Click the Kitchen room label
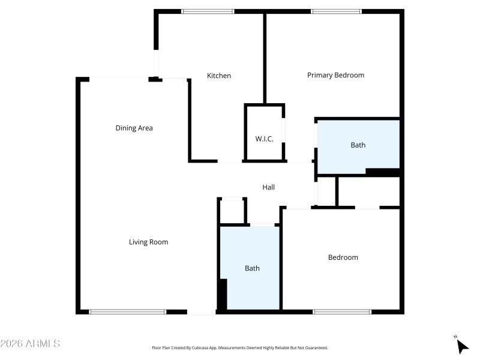219,76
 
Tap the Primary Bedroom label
335,75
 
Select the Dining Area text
134,128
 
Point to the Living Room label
148,242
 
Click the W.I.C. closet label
264,139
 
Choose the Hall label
268,187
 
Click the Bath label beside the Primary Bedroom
358,145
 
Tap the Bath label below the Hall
252,268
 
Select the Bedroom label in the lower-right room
343,257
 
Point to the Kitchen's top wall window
208,11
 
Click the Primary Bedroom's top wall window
336,11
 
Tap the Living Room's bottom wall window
127,311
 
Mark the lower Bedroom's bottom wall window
342,311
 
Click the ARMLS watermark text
30,344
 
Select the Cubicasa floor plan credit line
240,347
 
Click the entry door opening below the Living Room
202,311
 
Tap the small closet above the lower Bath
232,210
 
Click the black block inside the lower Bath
222,295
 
